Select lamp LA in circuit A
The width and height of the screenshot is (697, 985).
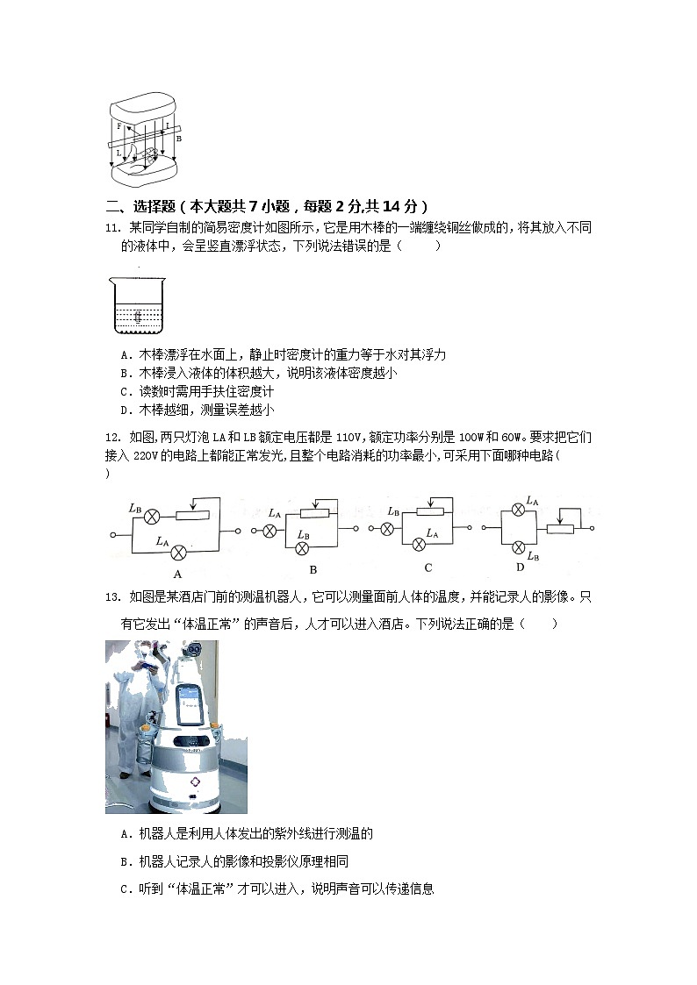pyautogui.click(x=179, y=552)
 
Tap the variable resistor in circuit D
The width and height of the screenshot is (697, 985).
pyautogui.click(x=560, y=528)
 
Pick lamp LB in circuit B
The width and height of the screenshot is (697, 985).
pyautogui.click(x=303, y=547)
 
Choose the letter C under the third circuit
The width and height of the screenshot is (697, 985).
pyautogui.click(x=428, y=567)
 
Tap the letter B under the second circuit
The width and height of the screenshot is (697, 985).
pyautogui.click(x=313, y=568)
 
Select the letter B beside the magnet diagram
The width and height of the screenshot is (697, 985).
pyautogui.click(x=178, y=138)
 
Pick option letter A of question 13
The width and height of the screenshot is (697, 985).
pyautogui.click(x=126, y=832)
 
